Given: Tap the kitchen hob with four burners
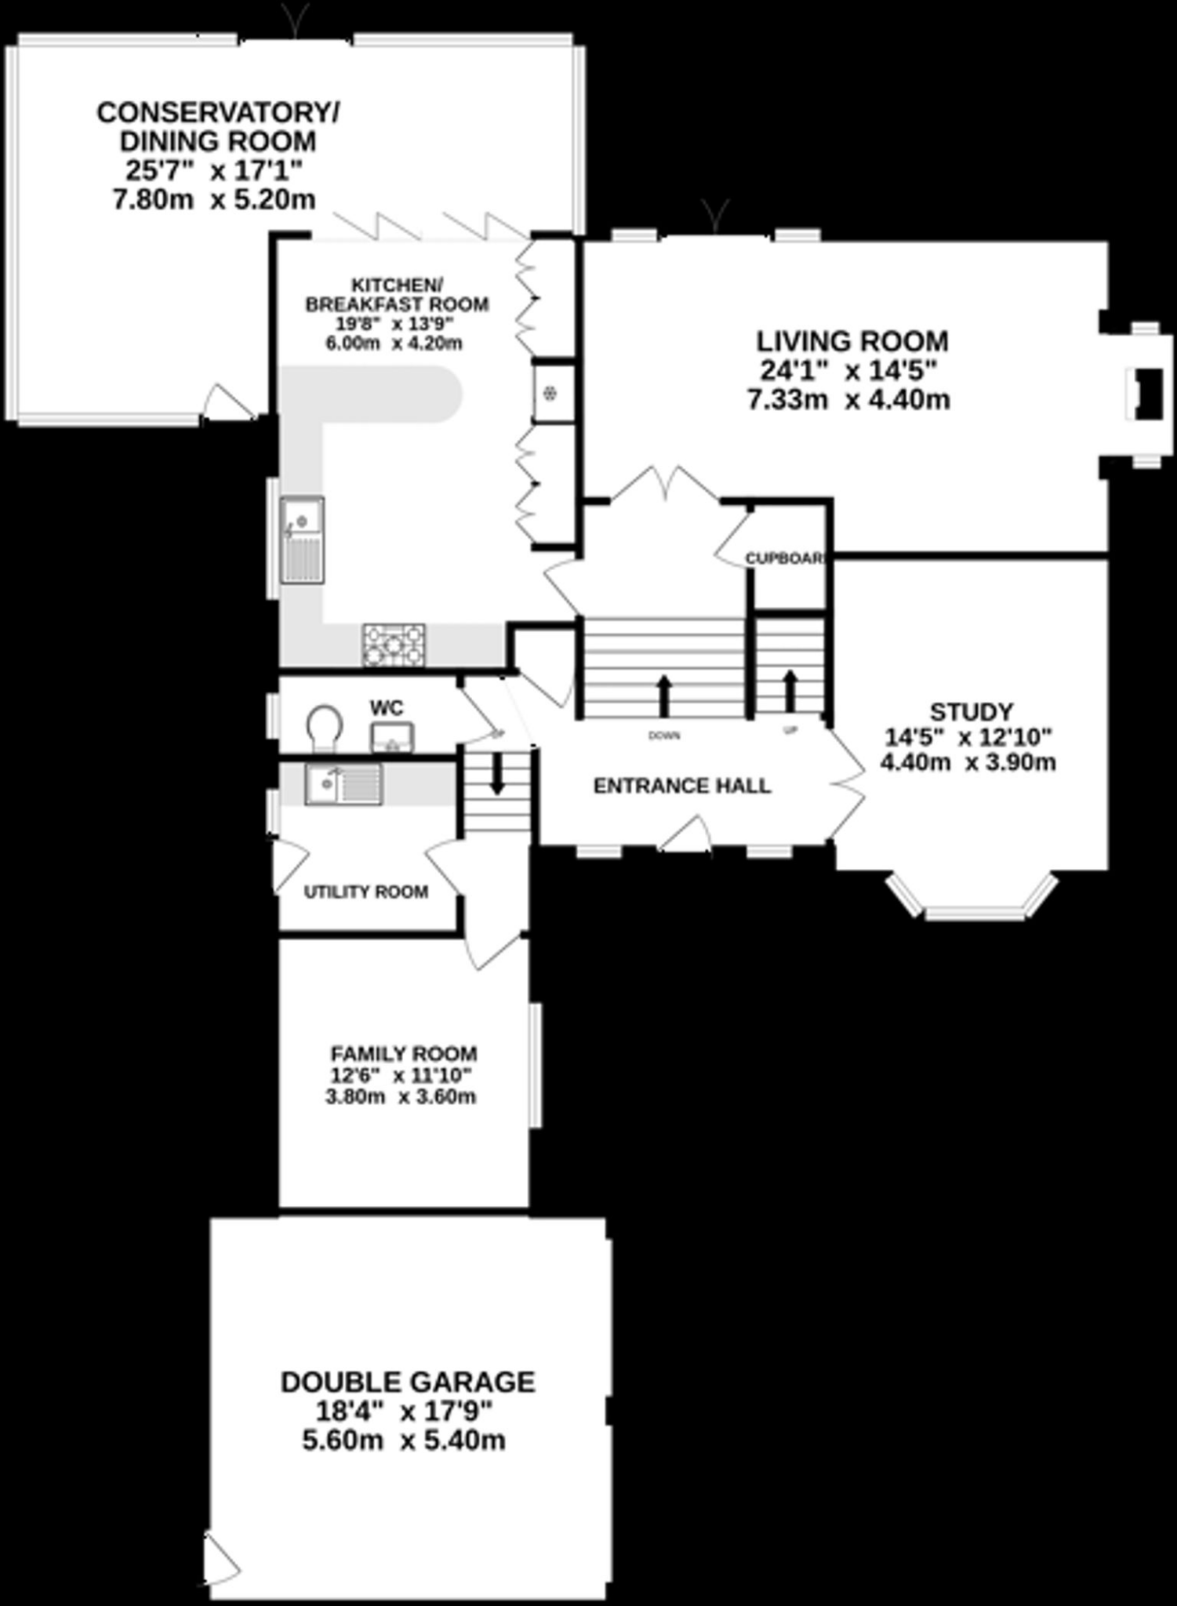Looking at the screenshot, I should point(394,645).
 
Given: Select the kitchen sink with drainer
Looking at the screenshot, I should point(303,540).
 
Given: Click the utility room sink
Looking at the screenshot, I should point(343,784).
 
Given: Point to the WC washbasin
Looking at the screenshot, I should point(392,737).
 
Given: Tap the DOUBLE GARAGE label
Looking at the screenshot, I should point(408,1381).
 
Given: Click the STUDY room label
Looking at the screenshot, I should point(972,711).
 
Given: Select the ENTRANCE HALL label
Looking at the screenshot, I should point(681,786).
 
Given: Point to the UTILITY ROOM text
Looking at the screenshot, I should point(366,892).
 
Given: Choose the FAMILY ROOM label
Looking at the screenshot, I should point(404,1053).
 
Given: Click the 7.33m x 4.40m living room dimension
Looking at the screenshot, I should point(848,400).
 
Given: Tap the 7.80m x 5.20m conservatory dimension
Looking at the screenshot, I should point(214,199).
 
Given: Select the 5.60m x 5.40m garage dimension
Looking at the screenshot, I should point(404,1441).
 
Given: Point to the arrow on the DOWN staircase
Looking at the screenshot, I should point(664,695).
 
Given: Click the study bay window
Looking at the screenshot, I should point(973,902).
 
